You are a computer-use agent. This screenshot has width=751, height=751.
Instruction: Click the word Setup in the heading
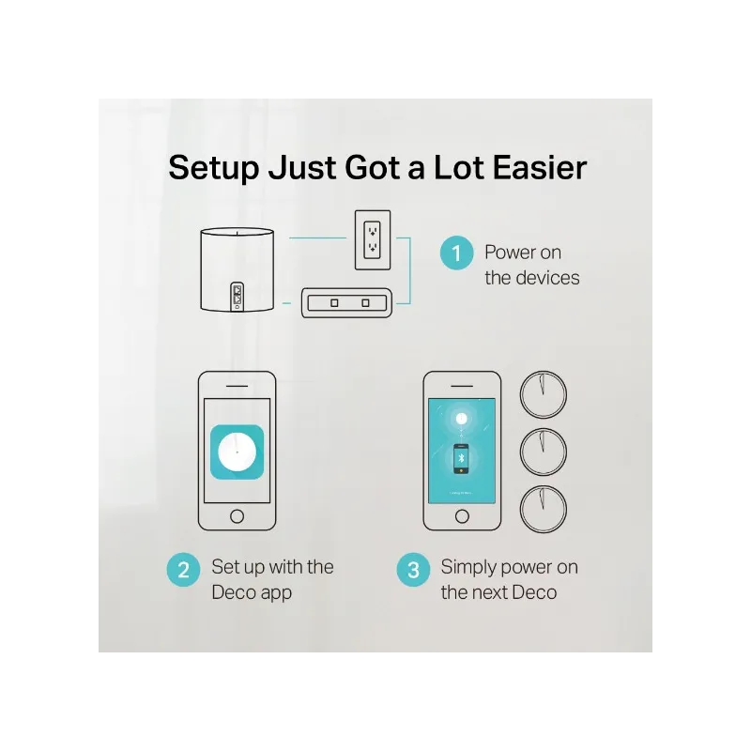[x=214, y=168]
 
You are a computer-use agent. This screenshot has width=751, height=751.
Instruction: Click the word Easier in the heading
[x=539, y=167]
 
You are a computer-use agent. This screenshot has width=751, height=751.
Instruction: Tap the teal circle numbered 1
[x=456, y=253]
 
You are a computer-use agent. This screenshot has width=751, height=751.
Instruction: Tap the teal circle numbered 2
[x=183, y=570]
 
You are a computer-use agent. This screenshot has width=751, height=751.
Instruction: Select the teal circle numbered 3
[x=413, y=570]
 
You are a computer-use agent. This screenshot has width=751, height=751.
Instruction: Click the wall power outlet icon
[x=373, y=240]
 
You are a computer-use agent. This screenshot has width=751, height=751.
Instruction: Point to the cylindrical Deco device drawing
[x=238, y=269]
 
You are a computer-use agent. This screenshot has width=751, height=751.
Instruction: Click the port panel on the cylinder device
[x=238, y=297]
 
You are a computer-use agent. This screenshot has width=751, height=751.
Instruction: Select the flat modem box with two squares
[x=346, y=302]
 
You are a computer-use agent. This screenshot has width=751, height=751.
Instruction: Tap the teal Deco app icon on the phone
[x=238, y=452]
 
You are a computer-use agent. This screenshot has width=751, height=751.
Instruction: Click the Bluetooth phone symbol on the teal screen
[x=461, y=459]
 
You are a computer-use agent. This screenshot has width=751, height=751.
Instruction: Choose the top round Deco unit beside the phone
[x=544, y=394]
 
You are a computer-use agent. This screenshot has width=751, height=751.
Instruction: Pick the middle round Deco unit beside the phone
[x=544, y=452]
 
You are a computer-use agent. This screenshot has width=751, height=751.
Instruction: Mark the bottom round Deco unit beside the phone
[x=544, y=509]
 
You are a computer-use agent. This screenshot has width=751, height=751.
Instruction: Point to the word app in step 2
[x=276, y=594]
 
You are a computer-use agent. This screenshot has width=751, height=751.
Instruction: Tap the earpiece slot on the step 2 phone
[x=238, y=386]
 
